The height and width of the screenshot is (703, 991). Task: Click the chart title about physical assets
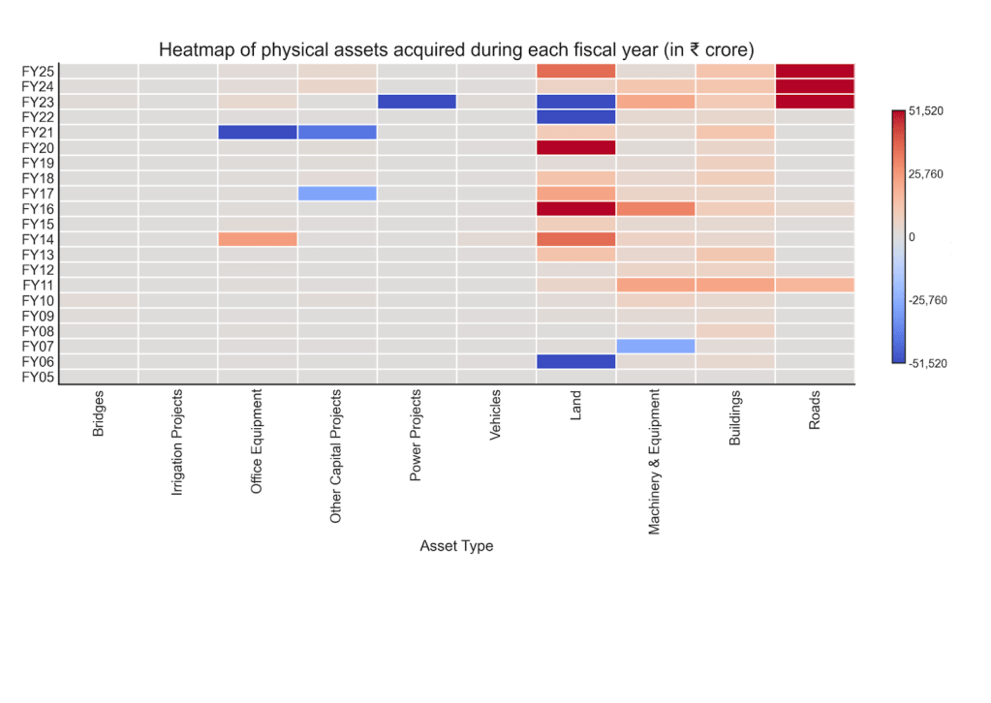pos(455,49)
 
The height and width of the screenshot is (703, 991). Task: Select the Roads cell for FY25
pos(815,71)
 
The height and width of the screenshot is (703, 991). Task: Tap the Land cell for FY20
pos(575,147)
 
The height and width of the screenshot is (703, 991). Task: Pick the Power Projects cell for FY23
pos(417,102)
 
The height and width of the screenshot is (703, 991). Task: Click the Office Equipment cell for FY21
pos(258,132)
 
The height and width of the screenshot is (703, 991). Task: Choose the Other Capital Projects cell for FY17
pos(337,193)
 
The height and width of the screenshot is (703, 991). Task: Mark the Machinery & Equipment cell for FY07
pos(656,346)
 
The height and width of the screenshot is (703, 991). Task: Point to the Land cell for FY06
pos(575,361)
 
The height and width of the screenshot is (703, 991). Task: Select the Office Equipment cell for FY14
pos(258,239)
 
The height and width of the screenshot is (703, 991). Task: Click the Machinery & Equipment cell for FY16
pos(656,208)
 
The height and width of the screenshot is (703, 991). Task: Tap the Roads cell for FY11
pos(815,285)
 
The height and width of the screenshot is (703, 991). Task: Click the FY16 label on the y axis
pos(39,208)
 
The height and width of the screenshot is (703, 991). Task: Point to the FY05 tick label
pos(39,377)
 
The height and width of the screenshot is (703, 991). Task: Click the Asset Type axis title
pos(456,546)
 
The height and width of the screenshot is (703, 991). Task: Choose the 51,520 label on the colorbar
pos(926,111)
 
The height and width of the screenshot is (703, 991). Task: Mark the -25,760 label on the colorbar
pos(928,300)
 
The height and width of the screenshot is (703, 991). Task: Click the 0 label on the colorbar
pos(912,237)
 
